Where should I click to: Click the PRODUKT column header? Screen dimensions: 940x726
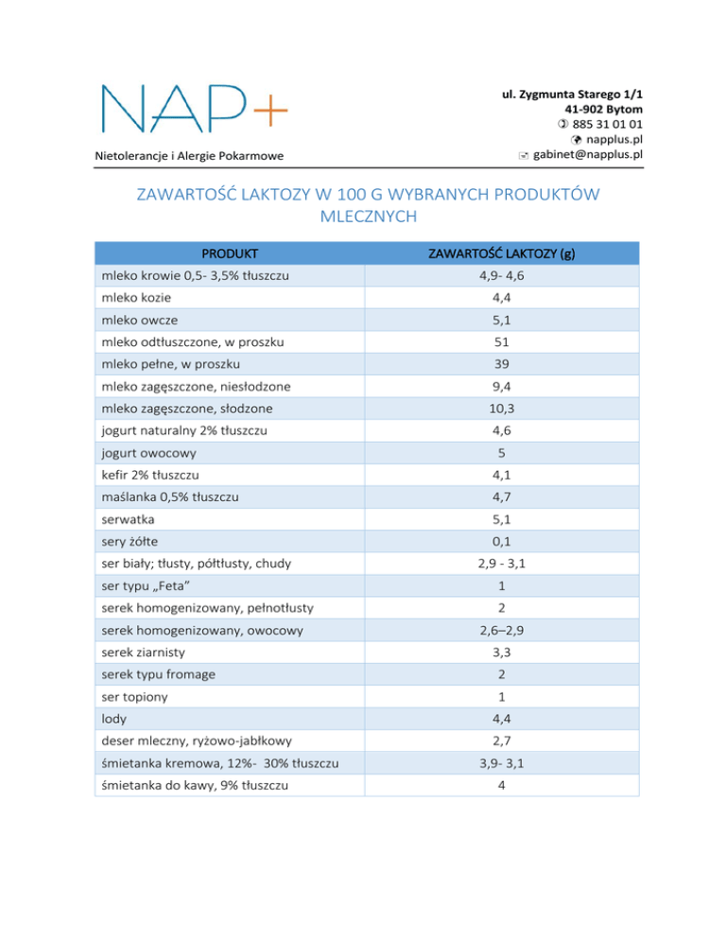coord(230,253)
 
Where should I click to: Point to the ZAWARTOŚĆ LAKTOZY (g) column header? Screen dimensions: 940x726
coord(502,253)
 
